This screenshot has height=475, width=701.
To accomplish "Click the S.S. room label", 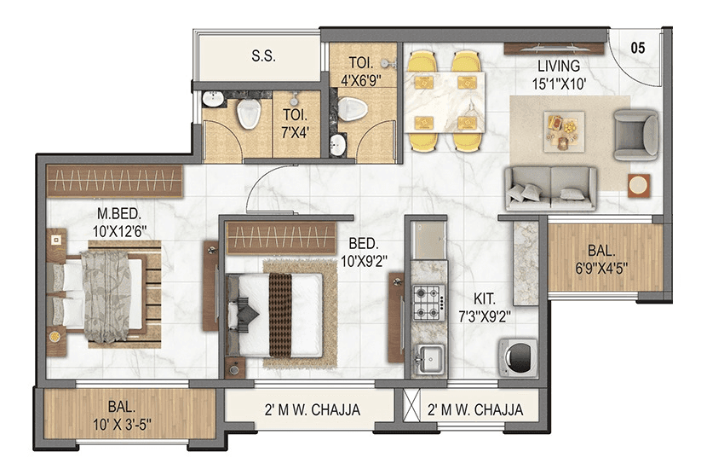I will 261,57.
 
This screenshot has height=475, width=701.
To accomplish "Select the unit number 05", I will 638,48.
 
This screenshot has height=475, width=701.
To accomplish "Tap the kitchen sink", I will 426,358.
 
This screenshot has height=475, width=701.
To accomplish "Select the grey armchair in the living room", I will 636,134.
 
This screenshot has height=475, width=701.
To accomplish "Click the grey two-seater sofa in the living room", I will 550,187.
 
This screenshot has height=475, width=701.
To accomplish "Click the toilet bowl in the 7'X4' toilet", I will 249,113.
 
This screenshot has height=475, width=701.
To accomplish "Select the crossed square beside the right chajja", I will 413,410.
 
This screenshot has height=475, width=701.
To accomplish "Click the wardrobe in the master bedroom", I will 114,181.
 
